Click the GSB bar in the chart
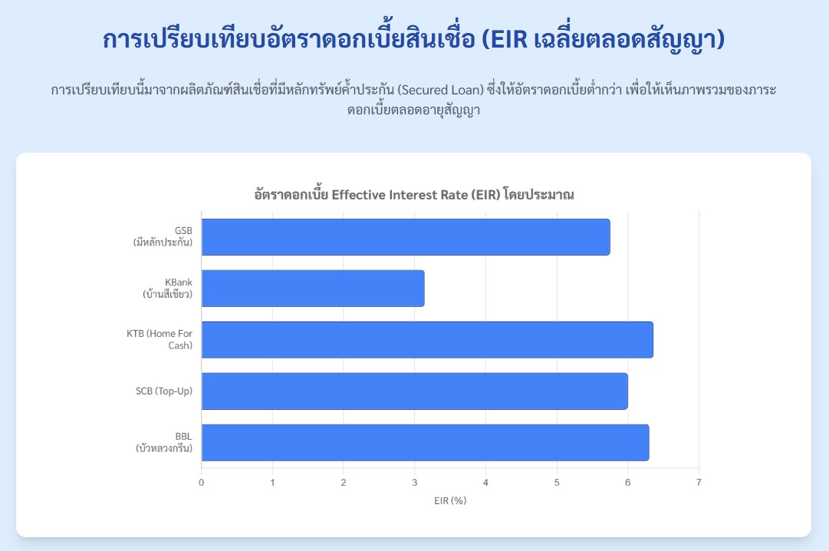tap(406, 237)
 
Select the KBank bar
tap(313, 289)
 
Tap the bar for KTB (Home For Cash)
tap(427, 340)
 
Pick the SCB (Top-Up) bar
tap(414, 391)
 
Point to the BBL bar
tap(425, 443)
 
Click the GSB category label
tap(163, 236)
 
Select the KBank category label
tap(168, 288)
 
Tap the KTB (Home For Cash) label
tap(160, 339)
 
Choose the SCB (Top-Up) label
tap(164, 391)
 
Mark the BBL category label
tap(164, 442)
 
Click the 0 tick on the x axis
tap(202, 483)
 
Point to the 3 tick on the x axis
tap(414, 483)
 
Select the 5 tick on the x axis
tap(557, 483)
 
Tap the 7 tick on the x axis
tap(699, 483)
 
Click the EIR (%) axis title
tap(450, 500)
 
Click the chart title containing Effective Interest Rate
tap(414, 194)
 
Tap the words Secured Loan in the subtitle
tap(440, 90)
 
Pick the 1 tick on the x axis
tap(273, 483)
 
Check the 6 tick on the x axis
tap(628, 483)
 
